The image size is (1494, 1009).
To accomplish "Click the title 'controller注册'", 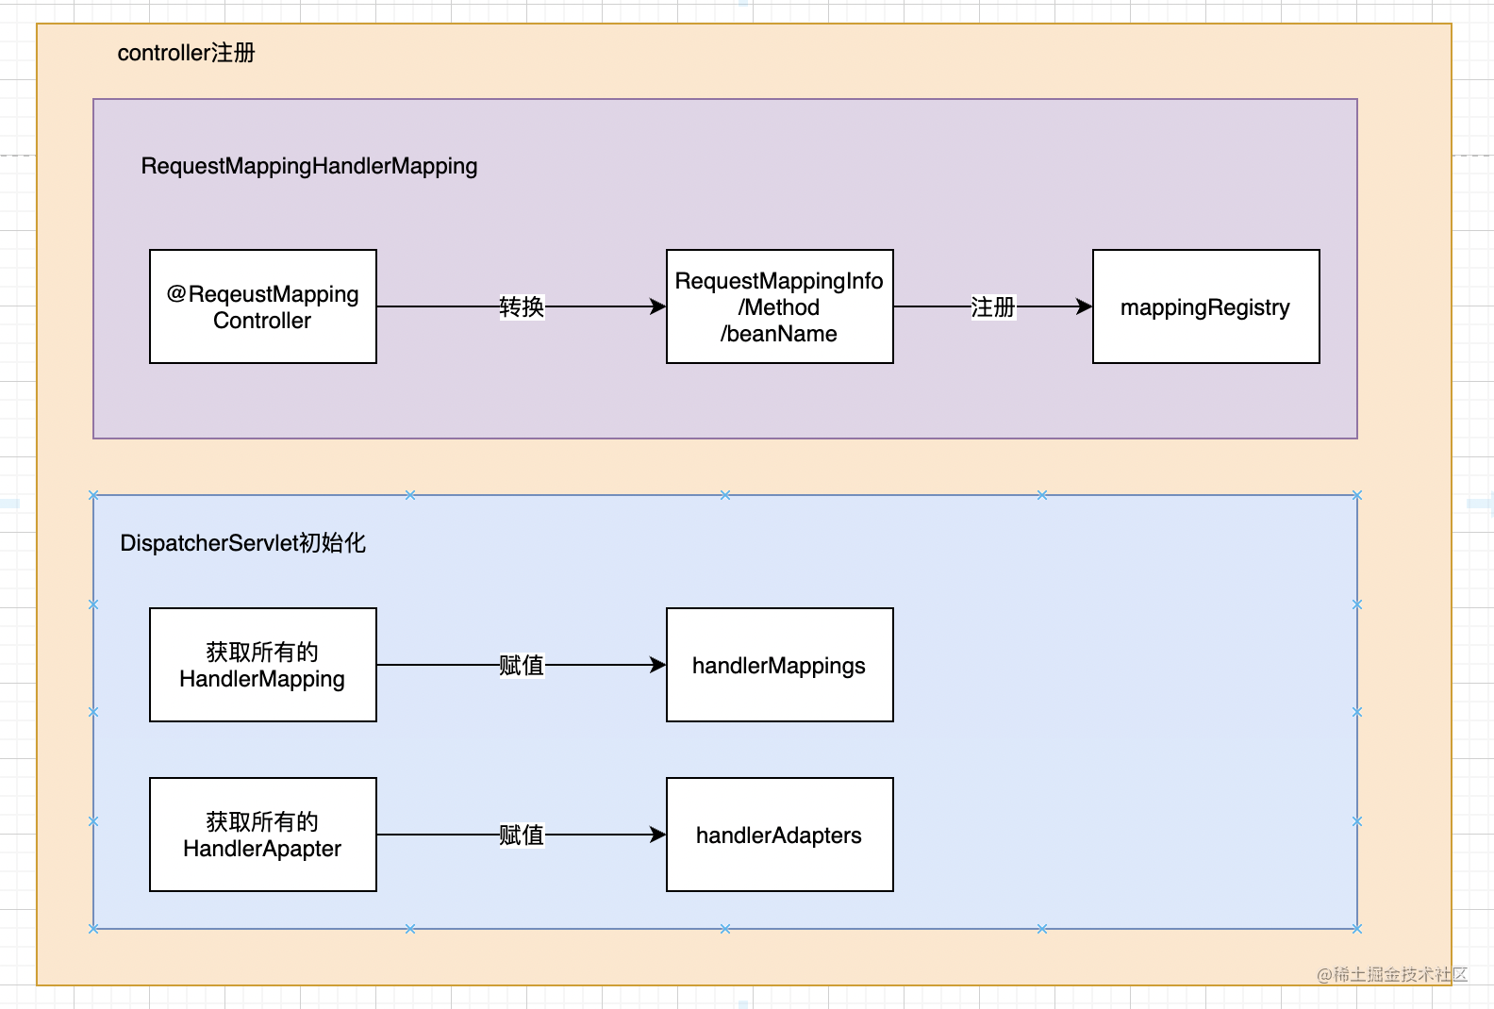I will click(186, 53).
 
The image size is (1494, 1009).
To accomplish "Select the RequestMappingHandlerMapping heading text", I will click(308, 166).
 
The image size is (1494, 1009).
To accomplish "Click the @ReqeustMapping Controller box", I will click(262, 306).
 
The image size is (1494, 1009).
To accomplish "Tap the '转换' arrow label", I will click(522, 306).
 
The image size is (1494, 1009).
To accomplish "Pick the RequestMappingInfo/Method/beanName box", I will click(779, 306).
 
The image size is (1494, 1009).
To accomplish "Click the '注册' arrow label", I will click(992, 306).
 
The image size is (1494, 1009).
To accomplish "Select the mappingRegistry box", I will click(1205, 306).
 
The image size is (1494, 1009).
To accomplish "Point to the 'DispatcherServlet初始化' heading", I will click(242, 543).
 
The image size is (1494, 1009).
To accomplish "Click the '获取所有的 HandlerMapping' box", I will click(262, 665).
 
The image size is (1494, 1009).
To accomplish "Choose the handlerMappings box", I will click(779, 665).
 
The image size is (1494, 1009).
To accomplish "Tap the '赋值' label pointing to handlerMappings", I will click(522, 665).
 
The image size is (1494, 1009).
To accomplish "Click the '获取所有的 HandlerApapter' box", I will click(262, 835).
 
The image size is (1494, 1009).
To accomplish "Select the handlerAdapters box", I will click(779, 835).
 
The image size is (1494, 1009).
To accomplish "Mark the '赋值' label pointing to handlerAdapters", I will click(522, 835).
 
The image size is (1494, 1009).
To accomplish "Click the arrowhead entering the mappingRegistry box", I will click(1085, 306).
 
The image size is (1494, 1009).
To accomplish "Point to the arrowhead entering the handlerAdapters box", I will click(658, 835).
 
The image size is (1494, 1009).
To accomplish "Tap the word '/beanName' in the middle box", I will click(779, 334).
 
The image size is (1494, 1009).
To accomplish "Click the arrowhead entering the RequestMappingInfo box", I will click(658, 306).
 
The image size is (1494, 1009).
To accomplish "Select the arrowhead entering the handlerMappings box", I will click(658, 665).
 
